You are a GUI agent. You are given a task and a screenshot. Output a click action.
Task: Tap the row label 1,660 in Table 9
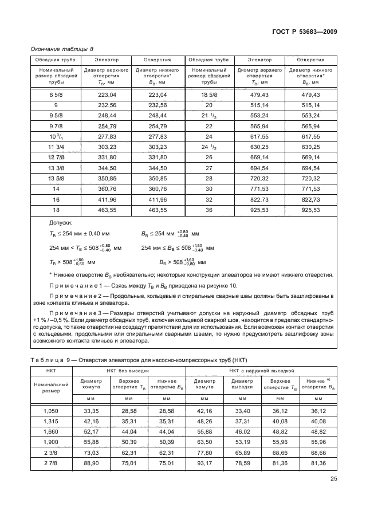pyautogui.click(x=52, y=431)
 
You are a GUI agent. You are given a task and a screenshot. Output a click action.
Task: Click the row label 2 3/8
pyautogui.click(x=52, y=453)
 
